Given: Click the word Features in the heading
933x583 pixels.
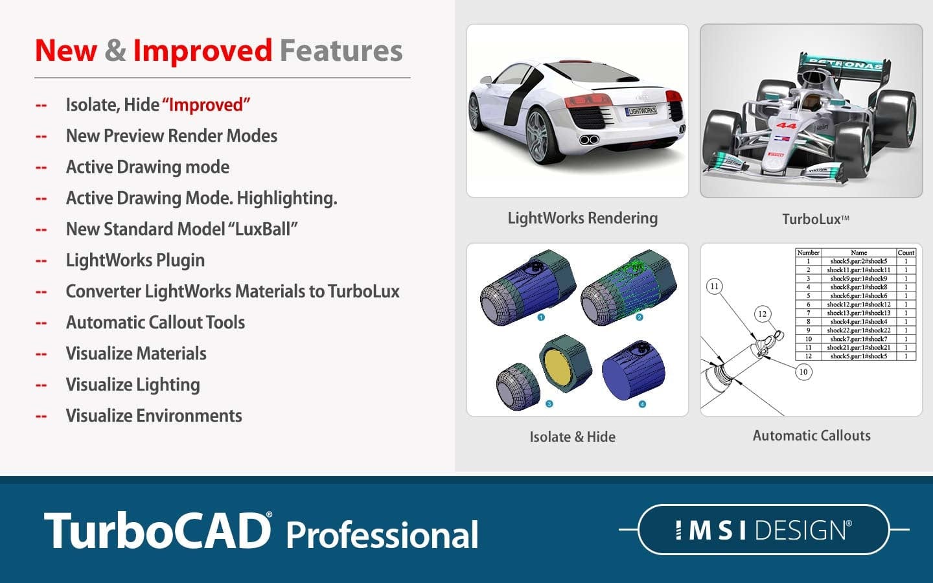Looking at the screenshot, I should (341, 51).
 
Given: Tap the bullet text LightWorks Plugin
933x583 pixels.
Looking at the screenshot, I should (135, 260).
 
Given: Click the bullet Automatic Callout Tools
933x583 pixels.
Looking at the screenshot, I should (155, 323).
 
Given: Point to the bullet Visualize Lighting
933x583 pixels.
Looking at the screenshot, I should (133, 385).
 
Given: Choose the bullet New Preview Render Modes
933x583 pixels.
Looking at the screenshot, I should (172, 136).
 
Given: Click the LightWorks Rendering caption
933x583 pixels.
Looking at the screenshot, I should (582, 218).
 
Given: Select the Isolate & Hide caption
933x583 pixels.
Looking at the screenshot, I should (572, 437).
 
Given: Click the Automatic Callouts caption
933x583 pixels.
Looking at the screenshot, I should (811, 436).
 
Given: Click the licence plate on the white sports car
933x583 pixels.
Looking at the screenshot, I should (641, 111).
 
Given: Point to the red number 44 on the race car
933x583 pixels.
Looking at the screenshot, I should (786, 126).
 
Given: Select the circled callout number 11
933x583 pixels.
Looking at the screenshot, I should (714, 286).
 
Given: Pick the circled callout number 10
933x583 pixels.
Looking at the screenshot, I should (803, 372).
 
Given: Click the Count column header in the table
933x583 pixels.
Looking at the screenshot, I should (906, 253).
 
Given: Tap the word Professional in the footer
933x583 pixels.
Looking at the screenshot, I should (382, 535).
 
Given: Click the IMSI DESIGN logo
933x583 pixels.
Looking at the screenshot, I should (763, 530).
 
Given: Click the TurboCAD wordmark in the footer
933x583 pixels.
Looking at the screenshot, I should (157, 531).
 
